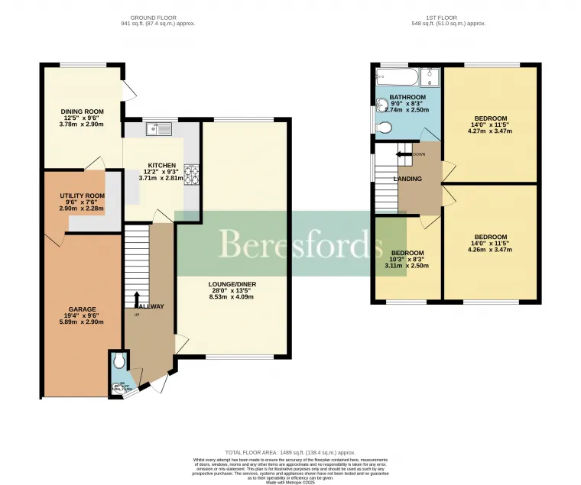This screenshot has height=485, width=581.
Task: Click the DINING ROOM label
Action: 81,112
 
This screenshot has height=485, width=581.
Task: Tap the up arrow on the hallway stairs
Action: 137,297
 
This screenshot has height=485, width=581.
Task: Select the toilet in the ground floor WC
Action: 118,361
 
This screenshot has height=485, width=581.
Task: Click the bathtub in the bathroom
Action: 395,77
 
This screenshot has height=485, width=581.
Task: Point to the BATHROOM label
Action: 407,98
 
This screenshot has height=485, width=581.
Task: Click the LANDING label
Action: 407,179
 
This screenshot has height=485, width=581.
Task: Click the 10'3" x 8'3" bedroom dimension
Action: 407,259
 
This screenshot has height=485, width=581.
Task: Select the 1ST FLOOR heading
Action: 449,17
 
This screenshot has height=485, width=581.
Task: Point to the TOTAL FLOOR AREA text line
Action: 289,452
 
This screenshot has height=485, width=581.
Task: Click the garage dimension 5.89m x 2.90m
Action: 82,322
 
